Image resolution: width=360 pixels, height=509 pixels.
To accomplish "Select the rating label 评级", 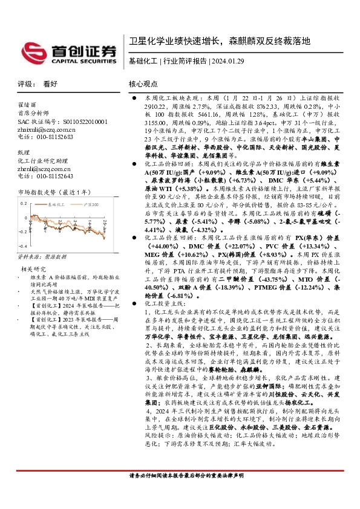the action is coord(25,84).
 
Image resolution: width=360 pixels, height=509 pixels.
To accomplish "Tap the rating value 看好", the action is coord(50,84).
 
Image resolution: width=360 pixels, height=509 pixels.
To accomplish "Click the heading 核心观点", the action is coord(143,84).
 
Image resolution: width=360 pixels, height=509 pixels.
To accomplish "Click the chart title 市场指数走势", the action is coord(38,192).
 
